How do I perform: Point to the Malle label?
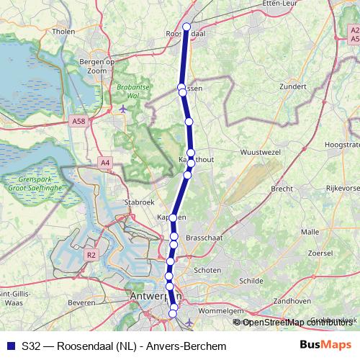[310, 232]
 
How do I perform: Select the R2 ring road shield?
[91, 255]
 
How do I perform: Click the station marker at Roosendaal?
[186, 27]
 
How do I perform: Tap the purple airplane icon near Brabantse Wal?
[124, 109]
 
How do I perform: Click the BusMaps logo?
[326, 346]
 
